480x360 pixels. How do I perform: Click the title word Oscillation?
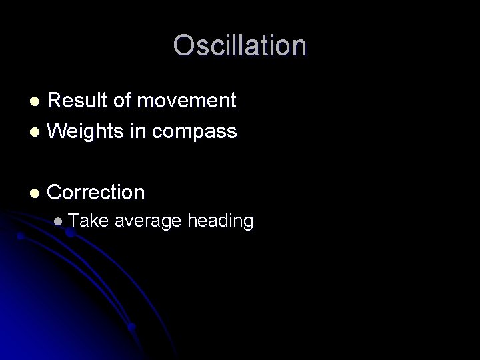(240, 46)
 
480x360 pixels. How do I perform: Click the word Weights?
(83, 131)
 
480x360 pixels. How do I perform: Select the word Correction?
(97, 193)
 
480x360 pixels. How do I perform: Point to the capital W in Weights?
(58, 131)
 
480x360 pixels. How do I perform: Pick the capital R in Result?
(55, 101)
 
